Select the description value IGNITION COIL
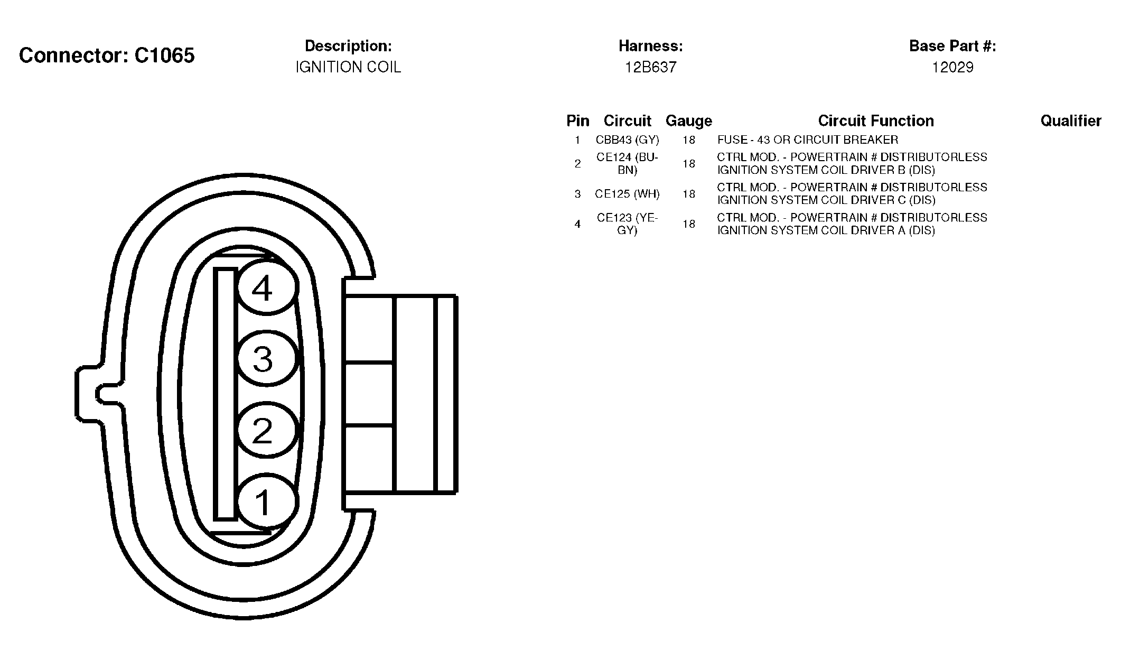pyautogui.click(x=348, y=67)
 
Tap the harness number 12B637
pyautogui.click(x=651, y=67)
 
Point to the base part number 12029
pyautogui.click(x=952, y=67)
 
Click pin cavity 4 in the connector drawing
pyautogui.click(x=267, y=288)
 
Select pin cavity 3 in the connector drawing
pyautogui.click(x=267, y=359)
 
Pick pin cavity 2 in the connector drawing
pyautogui.click(x=267, y=430)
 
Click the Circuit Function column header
pyautogui.click(x=876, y=121)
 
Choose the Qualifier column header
pyautogui.click(x=1071, y=121)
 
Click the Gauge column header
pyautogui.click(x=688, y=121)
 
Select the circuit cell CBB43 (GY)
pyautogui.click(x=627, y=140)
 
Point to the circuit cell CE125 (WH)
pyautogui.click(x=627, y=194)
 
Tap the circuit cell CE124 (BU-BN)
pyautogui.click(x=627, y=164)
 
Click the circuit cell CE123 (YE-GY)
pyautogui.click(x=627, y=224)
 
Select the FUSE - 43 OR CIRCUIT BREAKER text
pyautogui.click(x=808, y=140)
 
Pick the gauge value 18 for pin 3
pyautogui.click(x=688, y=194)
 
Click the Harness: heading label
pyautogui.click(x=651, y=46)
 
